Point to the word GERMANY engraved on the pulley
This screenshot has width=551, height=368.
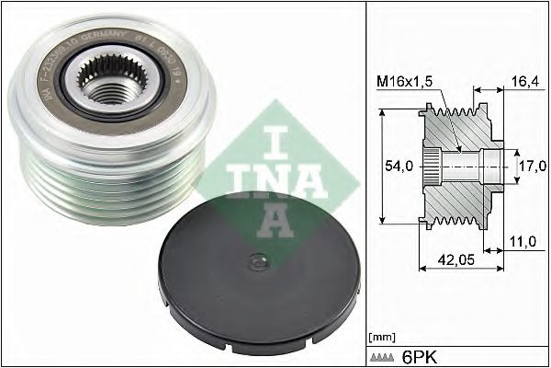103,40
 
